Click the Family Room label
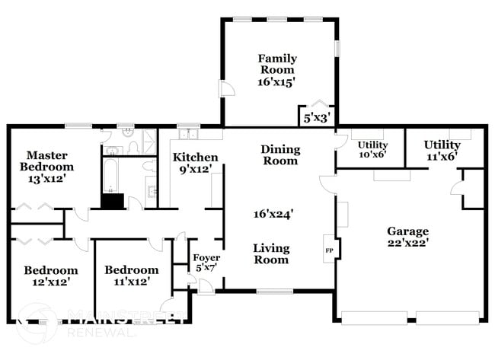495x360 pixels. [x=276, y=64]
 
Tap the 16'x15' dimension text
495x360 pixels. [x=276, y=81]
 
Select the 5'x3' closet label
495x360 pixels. [x=317, y=118]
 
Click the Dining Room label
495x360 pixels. [x=280, y=155]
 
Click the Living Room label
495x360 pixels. [x=270, y=253]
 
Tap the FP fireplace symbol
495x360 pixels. [x=329, y=250]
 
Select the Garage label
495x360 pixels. [x=407, y=231]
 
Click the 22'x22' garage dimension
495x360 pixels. [x=407, y=244]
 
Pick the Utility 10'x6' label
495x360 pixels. [x=372, y=149]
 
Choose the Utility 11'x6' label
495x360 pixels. [x=442, y=149]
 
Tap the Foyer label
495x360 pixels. [x=206, y=263]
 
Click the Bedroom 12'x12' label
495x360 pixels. [x=50, y=276]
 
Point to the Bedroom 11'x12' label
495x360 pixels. [x=131, y=276]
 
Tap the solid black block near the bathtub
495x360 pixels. [x=113, y=201]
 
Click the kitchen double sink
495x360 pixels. [x=187, y=135]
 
